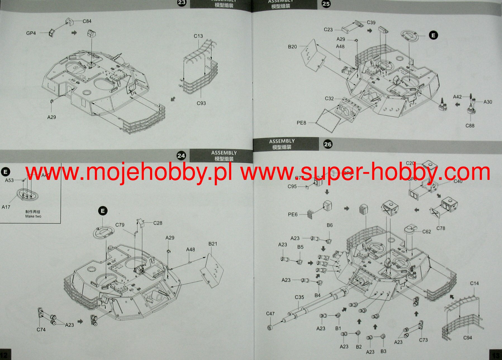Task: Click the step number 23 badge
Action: tap(182, 3)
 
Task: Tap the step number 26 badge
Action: tap(328, 144)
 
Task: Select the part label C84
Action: tap(87, 21)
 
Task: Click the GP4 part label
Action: tap(31, 33)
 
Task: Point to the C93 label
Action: tap(201, 103)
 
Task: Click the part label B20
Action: tap(292, 47)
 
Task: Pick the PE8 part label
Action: tap(301, 123)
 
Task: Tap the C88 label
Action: tap(470, 126)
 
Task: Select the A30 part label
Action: tap(488, 102)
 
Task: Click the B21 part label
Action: tap(213, 244)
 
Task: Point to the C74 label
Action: tap(41, 330)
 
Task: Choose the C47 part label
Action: tap(270, 314)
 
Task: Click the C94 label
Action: tap(468, 338)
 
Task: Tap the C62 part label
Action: tap(427, 232)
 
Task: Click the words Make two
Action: tap(33, 216)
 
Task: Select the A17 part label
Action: tap(6, 207)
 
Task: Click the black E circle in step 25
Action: tap(433, 35)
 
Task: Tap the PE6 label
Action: tap(293, 214)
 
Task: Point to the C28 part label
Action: tap(158, 223)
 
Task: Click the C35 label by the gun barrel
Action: tap(299, 297)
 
